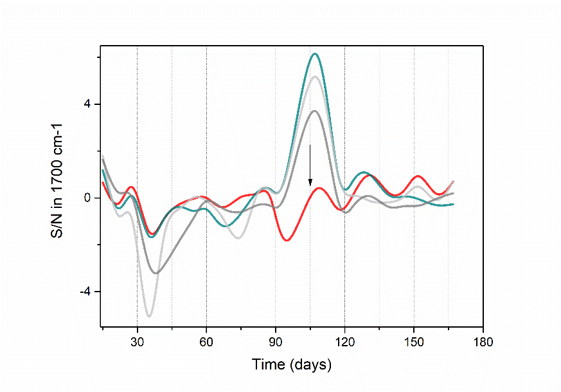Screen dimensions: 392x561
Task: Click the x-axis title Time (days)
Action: pyautogui.click(x=291, y=365)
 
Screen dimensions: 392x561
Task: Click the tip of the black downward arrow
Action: pyautogui.click(x=310, y=186)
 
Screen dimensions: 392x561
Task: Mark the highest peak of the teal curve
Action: pyautogui.click(x=315, y=53)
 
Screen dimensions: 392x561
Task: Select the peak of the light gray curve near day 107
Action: pyautogui.click(x=314, y=77)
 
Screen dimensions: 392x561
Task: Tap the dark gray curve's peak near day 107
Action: pyautogui.click(x=315, y=111)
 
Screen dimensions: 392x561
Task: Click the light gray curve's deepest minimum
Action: pyautogui.click(x=150, y=316)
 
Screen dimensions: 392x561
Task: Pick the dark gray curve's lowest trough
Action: pyautogui.click(x=156, y=273)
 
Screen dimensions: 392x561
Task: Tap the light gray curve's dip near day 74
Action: pyautogui.click(x=239, y=238)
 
